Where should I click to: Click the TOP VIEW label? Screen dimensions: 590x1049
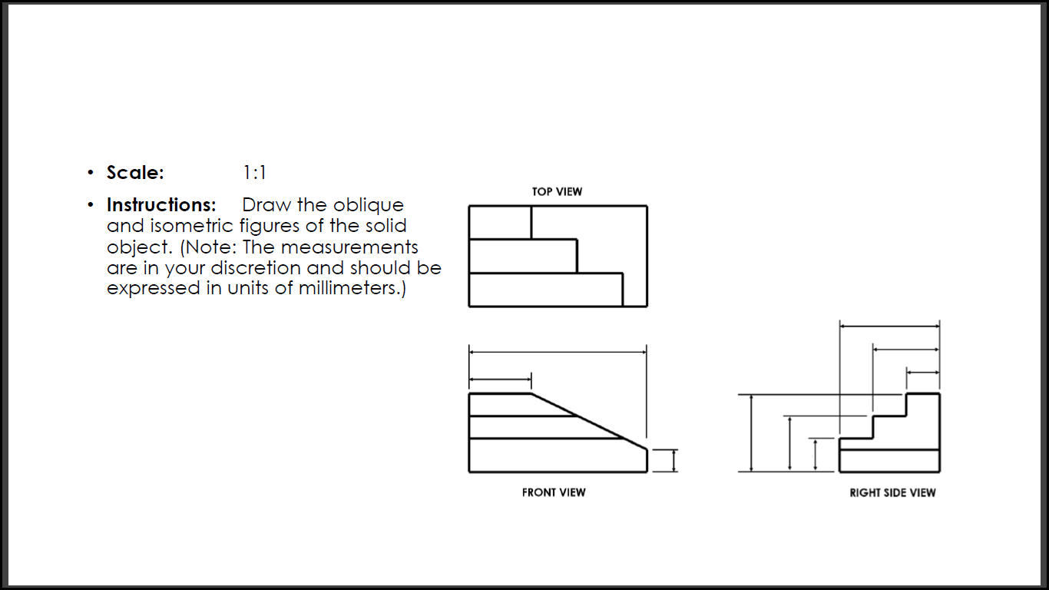point(557,191)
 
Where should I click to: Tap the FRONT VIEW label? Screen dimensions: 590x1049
point(553,492)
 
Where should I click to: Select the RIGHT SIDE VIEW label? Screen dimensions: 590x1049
point(892,492)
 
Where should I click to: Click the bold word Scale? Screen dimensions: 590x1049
point(135,173)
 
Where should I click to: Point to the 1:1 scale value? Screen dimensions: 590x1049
point(254,173)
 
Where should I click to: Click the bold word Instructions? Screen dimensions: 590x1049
point(161,205)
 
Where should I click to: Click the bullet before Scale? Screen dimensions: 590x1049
point(91,173)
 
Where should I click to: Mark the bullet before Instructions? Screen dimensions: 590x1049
point(91,205)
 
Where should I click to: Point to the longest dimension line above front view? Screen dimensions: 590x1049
point(558,353)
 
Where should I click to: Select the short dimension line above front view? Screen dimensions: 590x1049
point(500,379)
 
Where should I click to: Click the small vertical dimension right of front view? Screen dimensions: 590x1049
point(673,460)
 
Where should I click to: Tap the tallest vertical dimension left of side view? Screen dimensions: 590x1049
point(752,433)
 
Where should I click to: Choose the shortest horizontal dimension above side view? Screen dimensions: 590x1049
point(923,373)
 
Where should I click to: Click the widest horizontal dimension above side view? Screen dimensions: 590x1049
point(889,326)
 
